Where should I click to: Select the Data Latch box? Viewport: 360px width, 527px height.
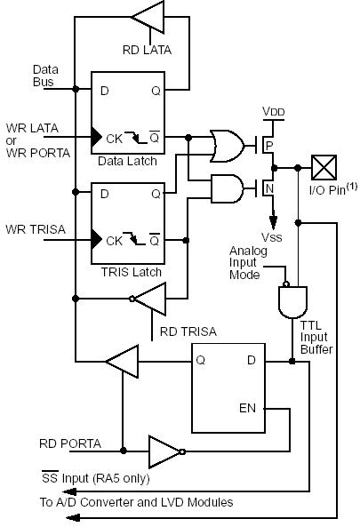click(x=128, y=120)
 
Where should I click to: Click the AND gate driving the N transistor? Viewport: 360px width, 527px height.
click(x=226, y=188)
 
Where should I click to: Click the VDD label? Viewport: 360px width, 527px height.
click(x=274, y=111)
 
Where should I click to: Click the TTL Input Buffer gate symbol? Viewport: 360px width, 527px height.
click(x=292, y=302)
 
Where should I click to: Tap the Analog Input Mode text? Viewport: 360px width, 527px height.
click(x=244, y=263)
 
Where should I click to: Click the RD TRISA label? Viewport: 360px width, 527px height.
click(x=188, y=332)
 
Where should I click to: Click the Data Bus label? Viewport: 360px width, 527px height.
click(x=45, y=75)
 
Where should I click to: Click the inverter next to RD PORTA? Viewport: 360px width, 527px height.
click(x=164, y=451)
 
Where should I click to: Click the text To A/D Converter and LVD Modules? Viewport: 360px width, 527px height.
click(x=136, y=502)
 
